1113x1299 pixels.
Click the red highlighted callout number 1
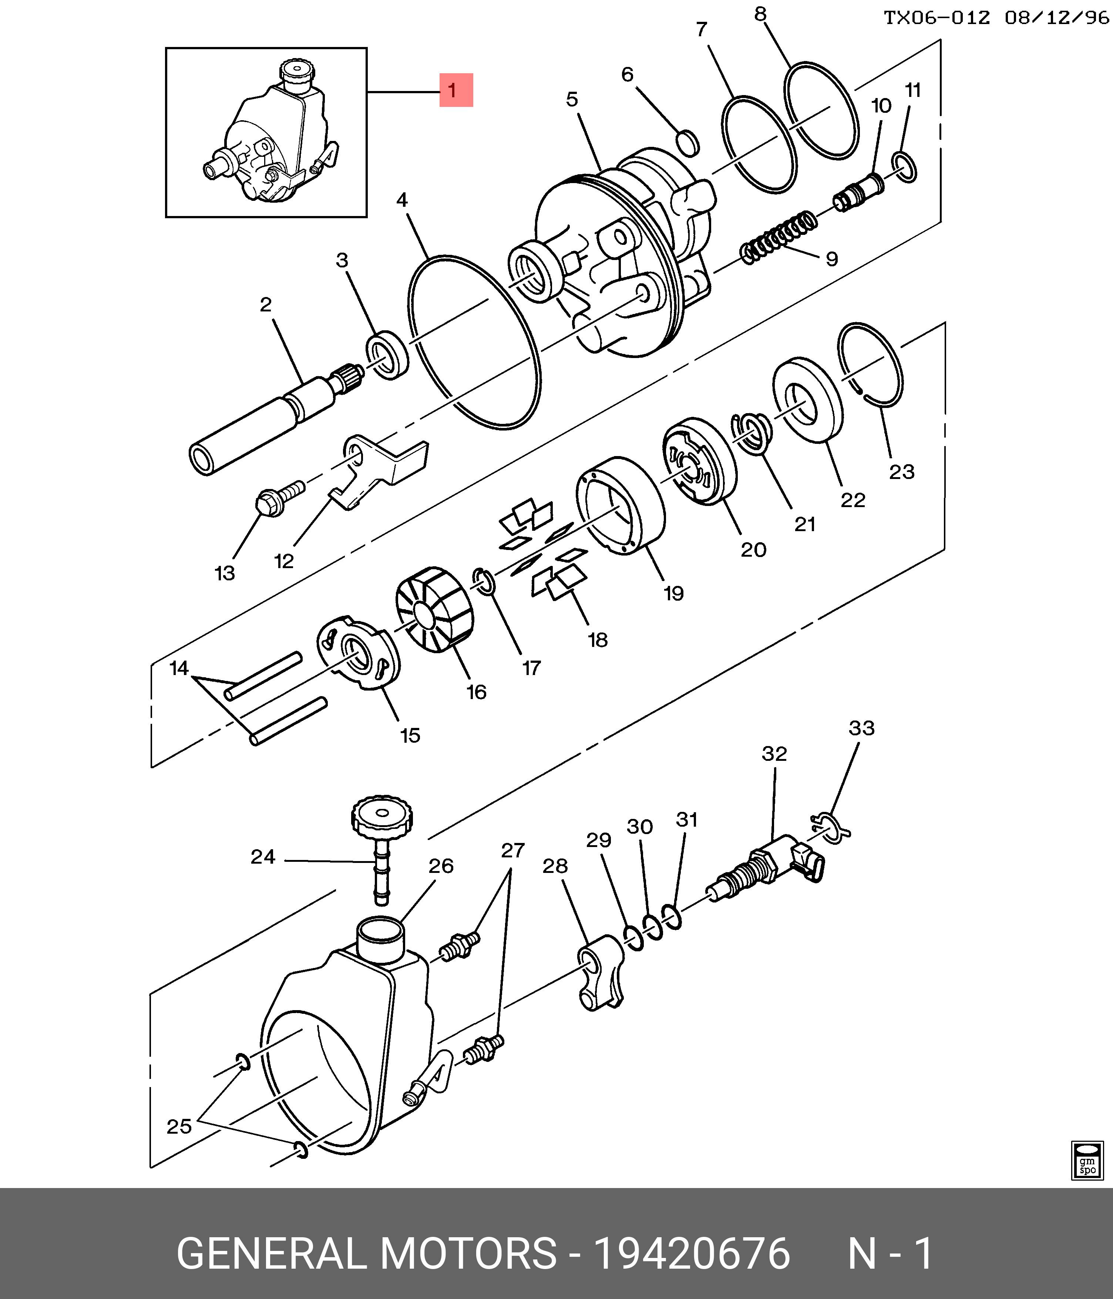[456, 90]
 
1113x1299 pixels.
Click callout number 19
[673, 593]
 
